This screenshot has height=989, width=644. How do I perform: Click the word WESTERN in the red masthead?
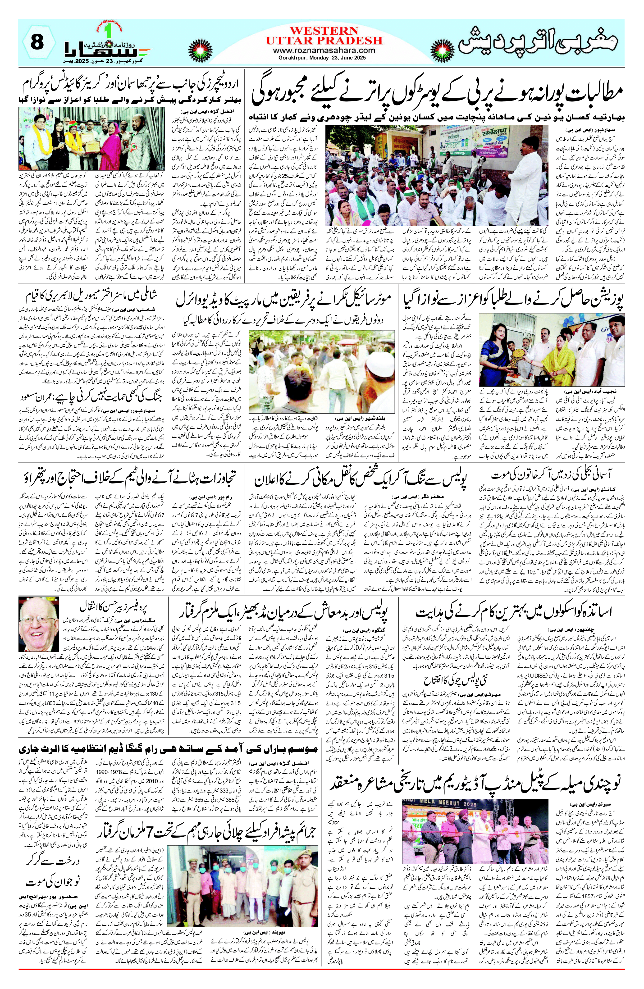(324, 31)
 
